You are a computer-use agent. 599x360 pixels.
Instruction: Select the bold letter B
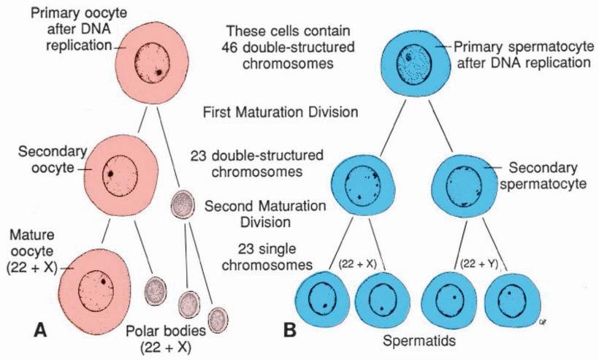coord(289,331)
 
